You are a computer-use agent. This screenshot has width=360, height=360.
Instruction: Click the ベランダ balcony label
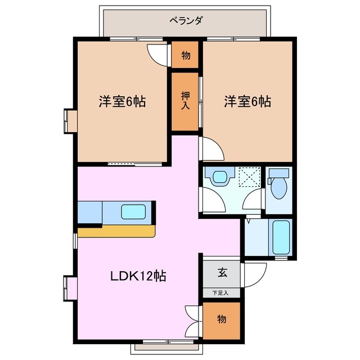pyautogui.click(x=186, y=21)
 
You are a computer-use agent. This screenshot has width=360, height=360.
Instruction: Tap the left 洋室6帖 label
pyautogui.click(x=123, y=102)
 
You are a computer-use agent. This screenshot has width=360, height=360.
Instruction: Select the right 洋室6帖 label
pyautogui.click(x=247, y=102)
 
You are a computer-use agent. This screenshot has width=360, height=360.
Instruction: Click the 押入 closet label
pyautogui.click(x=185, y=101)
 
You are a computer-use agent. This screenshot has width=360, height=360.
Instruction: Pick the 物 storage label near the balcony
pyautogui.click(x=185, y=56)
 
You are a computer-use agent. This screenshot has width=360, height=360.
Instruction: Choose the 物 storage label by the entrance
pyautogui.click(x=222, y=319)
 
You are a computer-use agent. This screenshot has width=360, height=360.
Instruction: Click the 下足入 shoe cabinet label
pyautogui.click(x=222, y=292)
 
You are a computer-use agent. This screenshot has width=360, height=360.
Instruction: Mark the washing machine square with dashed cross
pyautogui.click(x=247, y=177)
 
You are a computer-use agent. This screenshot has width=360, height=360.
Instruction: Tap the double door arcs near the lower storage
pyautogui.click(x=192, y=319)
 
